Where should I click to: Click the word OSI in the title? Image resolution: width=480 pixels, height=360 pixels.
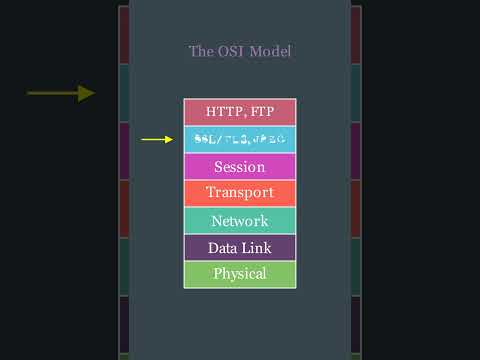coord(229,51)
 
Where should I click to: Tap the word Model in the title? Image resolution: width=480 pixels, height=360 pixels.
coord(269,51)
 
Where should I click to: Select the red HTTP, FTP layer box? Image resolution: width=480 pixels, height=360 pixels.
coord(239,112)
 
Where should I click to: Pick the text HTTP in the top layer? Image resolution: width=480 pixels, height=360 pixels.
coord(224,112)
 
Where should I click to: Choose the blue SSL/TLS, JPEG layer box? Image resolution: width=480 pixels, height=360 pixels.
coord(239,140)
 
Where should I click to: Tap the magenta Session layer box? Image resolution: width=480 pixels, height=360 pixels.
coord(239,166)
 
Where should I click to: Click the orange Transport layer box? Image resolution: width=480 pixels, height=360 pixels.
coord(239,193)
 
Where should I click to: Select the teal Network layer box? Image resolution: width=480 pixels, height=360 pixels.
coord(239,220)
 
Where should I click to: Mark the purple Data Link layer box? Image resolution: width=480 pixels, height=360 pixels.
coord(239,247)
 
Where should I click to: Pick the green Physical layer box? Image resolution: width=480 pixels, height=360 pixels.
coord(239,274)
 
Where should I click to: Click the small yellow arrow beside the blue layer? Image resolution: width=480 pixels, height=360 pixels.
coord(157,140)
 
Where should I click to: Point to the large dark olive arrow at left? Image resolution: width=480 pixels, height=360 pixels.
coord(60,93)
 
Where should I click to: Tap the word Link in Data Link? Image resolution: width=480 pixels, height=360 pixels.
coord(256,247)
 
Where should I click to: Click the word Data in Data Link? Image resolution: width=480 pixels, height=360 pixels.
coord(222,247)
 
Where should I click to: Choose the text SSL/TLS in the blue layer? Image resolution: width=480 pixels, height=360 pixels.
coord(222,140)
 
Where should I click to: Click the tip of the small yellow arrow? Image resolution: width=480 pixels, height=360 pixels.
coord(174,140)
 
